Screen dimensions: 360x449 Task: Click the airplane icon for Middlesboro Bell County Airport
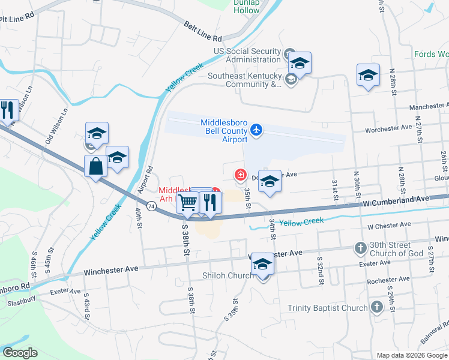coord(256,130)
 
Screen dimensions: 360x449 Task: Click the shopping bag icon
coord(96,166)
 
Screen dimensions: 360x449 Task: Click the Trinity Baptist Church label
coord(327,308)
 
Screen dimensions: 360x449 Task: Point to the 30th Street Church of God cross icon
coord(360,248)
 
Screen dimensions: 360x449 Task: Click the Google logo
coord(20,353)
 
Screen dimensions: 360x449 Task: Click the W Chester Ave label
coord(389,225)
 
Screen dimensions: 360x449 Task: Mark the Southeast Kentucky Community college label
coord(245,80)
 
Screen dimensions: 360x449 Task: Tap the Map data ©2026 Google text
coord(411,355)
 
